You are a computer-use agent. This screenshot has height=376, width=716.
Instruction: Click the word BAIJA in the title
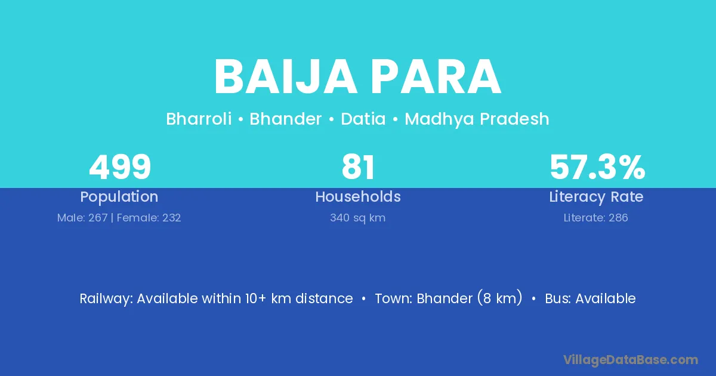[x=285, y=77]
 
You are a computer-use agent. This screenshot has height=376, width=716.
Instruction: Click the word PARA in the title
[x=436, y=77]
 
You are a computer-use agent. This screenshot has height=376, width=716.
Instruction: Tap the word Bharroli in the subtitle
[x=199, y=119]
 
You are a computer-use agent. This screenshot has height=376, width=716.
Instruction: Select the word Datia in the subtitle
[x=363, y=119]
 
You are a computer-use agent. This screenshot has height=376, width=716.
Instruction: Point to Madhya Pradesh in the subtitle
[x=477, y=119]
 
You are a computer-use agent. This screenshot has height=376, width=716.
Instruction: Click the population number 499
[x=120, y=167]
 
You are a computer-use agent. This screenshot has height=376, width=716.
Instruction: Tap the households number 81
[x=358, y=167]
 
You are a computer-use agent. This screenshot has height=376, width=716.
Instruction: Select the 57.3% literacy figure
[x=597, y=167]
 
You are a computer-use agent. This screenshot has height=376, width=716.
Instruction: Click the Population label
[x=119, y=196]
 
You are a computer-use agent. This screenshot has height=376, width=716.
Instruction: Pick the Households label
[x=358, y=196]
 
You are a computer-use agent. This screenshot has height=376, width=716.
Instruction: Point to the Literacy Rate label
[x=596, y=196]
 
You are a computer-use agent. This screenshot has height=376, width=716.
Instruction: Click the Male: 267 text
[x=82, y=218]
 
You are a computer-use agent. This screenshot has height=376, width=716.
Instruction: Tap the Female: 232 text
[x=149, y=218]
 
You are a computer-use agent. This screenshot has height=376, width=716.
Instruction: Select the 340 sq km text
[x=357, y=218]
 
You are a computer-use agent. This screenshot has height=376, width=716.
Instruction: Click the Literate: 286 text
[x=596, y=218]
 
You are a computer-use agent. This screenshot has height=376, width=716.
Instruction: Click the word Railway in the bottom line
[x=106, y=298]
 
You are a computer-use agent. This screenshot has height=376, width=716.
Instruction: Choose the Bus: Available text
[x=590, y=298]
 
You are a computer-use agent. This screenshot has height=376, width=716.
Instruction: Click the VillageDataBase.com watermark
[x=631, y=360]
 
